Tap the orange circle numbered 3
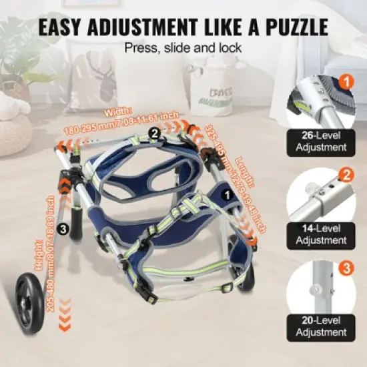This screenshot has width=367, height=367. [346, 268]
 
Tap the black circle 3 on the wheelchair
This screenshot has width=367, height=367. [63, 229]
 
